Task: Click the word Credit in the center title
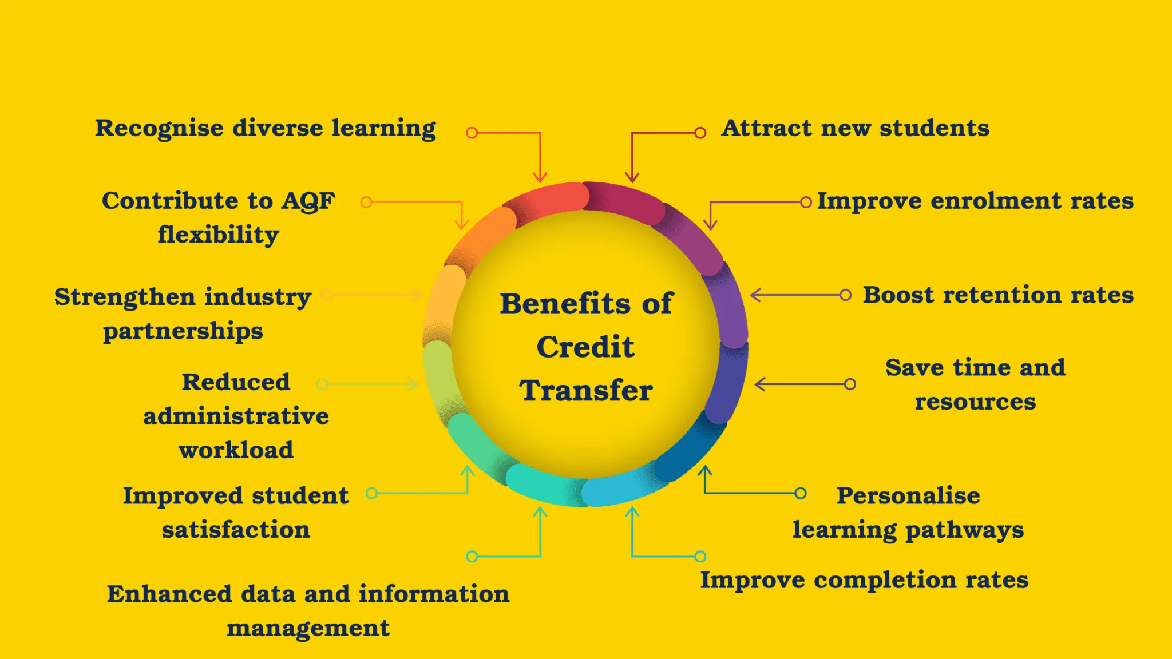585,347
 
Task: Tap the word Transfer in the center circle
586,390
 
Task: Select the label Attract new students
856,128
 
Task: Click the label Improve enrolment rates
975,201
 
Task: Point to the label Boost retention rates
999,295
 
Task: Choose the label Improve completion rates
865,580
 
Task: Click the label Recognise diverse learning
266,129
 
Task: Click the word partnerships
183,332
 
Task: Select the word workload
236,450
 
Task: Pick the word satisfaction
236,530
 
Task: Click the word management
308,629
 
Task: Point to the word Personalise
909,495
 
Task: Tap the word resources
976,402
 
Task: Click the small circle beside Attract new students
700,133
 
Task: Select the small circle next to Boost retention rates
845,295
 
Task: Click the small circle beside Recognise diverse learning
472,133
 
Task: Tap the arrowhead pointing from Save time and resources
760,384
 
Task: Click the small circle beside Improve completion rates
700,556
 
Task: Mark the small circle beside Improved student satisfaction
372,493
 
